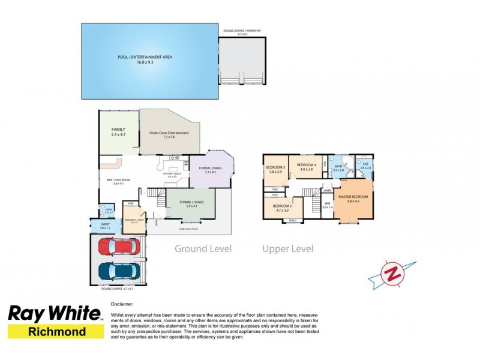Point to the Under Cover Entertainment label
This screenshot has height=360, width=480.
click(169, 133)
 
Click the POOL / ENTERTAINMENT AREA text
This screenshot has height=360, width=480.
click(145, 57)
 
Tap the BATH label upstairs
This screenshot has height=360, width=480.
click(338, 167)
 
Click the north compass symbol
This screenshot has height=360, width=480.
click(392, 273)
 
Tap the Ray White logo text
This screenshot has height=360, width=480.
click(53, 314)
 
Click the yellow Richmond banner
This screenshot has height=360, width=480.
click(53, 331)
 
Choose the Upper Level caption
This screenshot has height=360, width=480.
click(287, 248)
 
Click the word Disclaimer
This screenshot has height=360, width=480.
click(123, 304)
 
